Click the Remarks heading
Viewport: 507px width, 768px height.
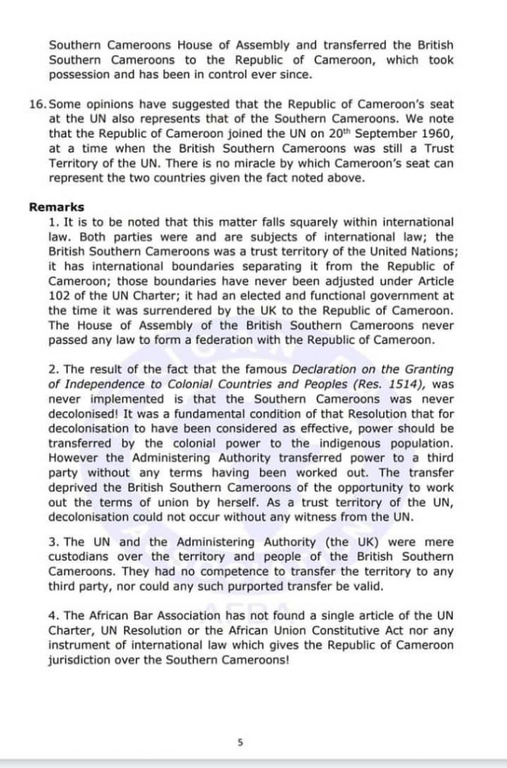(56, 207)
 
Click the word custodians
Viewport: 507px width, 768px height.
(82, 556)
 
